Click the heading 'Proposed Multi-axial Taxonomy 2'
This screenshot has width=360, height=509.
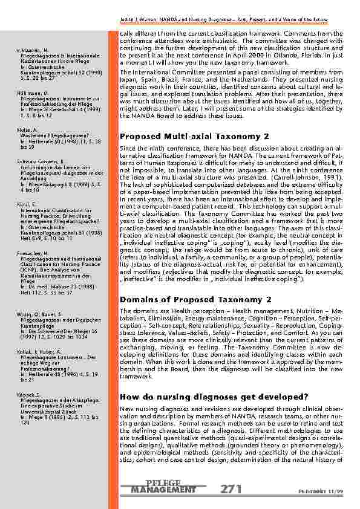click(195, 137)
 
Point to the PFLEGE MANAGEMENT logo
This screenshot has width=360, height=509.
click(163, 487)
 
